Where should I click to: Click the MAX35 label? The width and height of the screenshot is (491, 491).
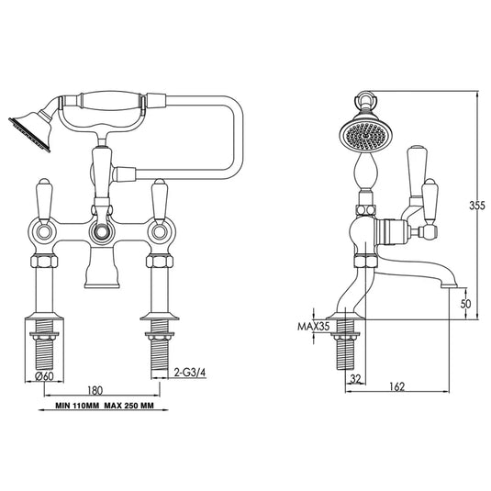[313, 325]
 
